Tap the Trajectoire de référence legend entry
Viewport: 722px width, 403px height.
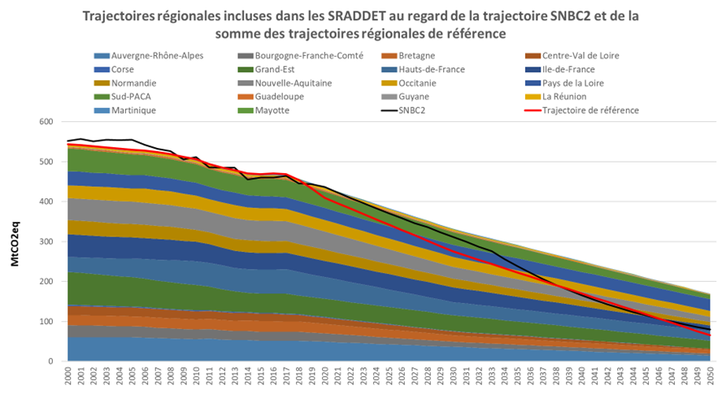[x=589, y=110]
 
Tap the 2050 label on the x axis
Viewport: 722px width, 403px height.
[x=710, y=379]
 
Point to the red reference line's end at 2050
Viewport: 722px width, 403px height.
[x=710, y=335]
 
